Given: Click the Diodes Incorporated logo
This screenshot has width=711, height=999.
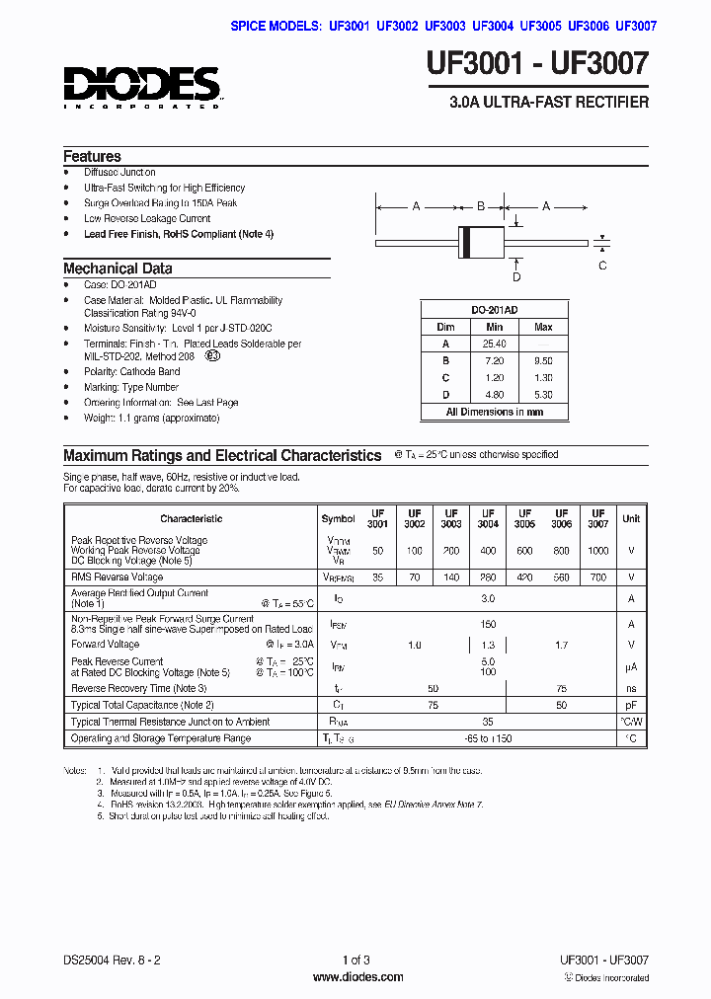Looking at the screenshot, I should [x=142, y=87].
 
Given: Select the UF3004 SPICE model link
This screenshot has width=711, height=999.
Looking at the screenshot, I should [x=493, y=27].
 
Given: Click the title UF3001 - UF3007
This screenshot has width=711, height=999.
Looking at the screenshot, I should [x=537, y=65].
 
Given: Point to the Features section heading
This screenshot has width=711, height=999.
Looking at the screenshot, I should [x=92, y=156].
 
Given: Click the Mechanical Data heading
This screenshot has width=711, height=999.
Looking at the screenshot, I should [x=118, y=268].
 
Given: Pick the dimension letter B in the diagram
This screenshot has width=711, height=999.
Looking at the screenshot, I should [x=481, y=206].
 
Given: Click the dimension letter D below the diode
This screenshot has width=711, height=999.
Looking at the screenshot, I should [x=516, y=263].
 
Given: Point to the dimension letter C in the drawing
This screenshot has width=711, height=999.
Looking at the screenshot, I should [x=602, y=265].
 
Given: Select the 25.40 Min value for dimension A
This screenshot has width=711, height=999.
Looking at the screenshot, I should [x=494, y=344].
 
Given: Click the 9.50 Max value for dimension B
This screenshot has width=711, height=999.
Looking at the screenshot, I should [x=543, y=361].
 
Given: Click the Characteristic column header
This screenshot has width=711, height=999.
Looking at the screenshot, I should [x=191, y=518].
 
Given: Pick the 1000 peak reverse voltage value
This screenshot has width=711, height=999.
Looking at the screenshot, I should [x=598, y=550].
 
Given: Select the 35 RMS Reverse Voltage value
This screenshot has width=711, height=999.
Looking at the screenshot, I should [x=377, y=576].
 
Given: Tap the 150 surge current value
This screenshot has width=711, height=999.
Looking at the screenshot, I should [x=487, y=624].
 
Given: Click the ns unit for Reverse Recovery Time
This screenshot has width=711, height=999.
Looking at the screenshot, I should [x=630, y=688].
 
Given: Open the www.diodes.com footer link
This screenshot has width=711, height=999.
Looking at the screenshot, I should [x=356, y=977].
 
